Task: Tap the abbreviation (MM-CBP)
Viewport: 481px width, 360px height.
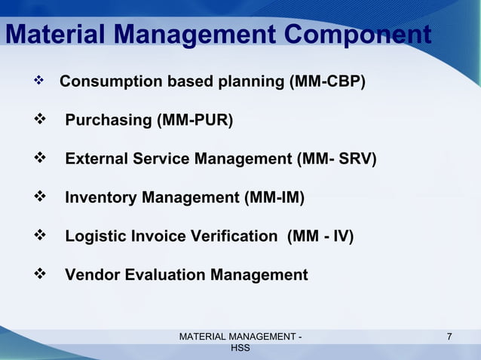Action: point(328,81)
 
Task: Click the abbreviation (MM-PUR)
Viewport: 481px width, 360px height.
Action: point(195,121)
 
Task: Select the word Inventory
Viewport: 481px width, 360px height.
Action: point(101,198)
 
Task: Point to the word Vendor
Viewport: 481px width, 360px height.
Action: point(92,275)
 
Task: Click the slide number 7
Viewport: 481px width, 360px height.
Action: point(450,337)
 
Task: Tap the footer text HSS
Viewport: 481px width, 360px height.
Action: point(240,349)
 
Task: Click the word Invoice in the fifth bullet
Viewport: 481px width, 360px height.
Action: point(159,236)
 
